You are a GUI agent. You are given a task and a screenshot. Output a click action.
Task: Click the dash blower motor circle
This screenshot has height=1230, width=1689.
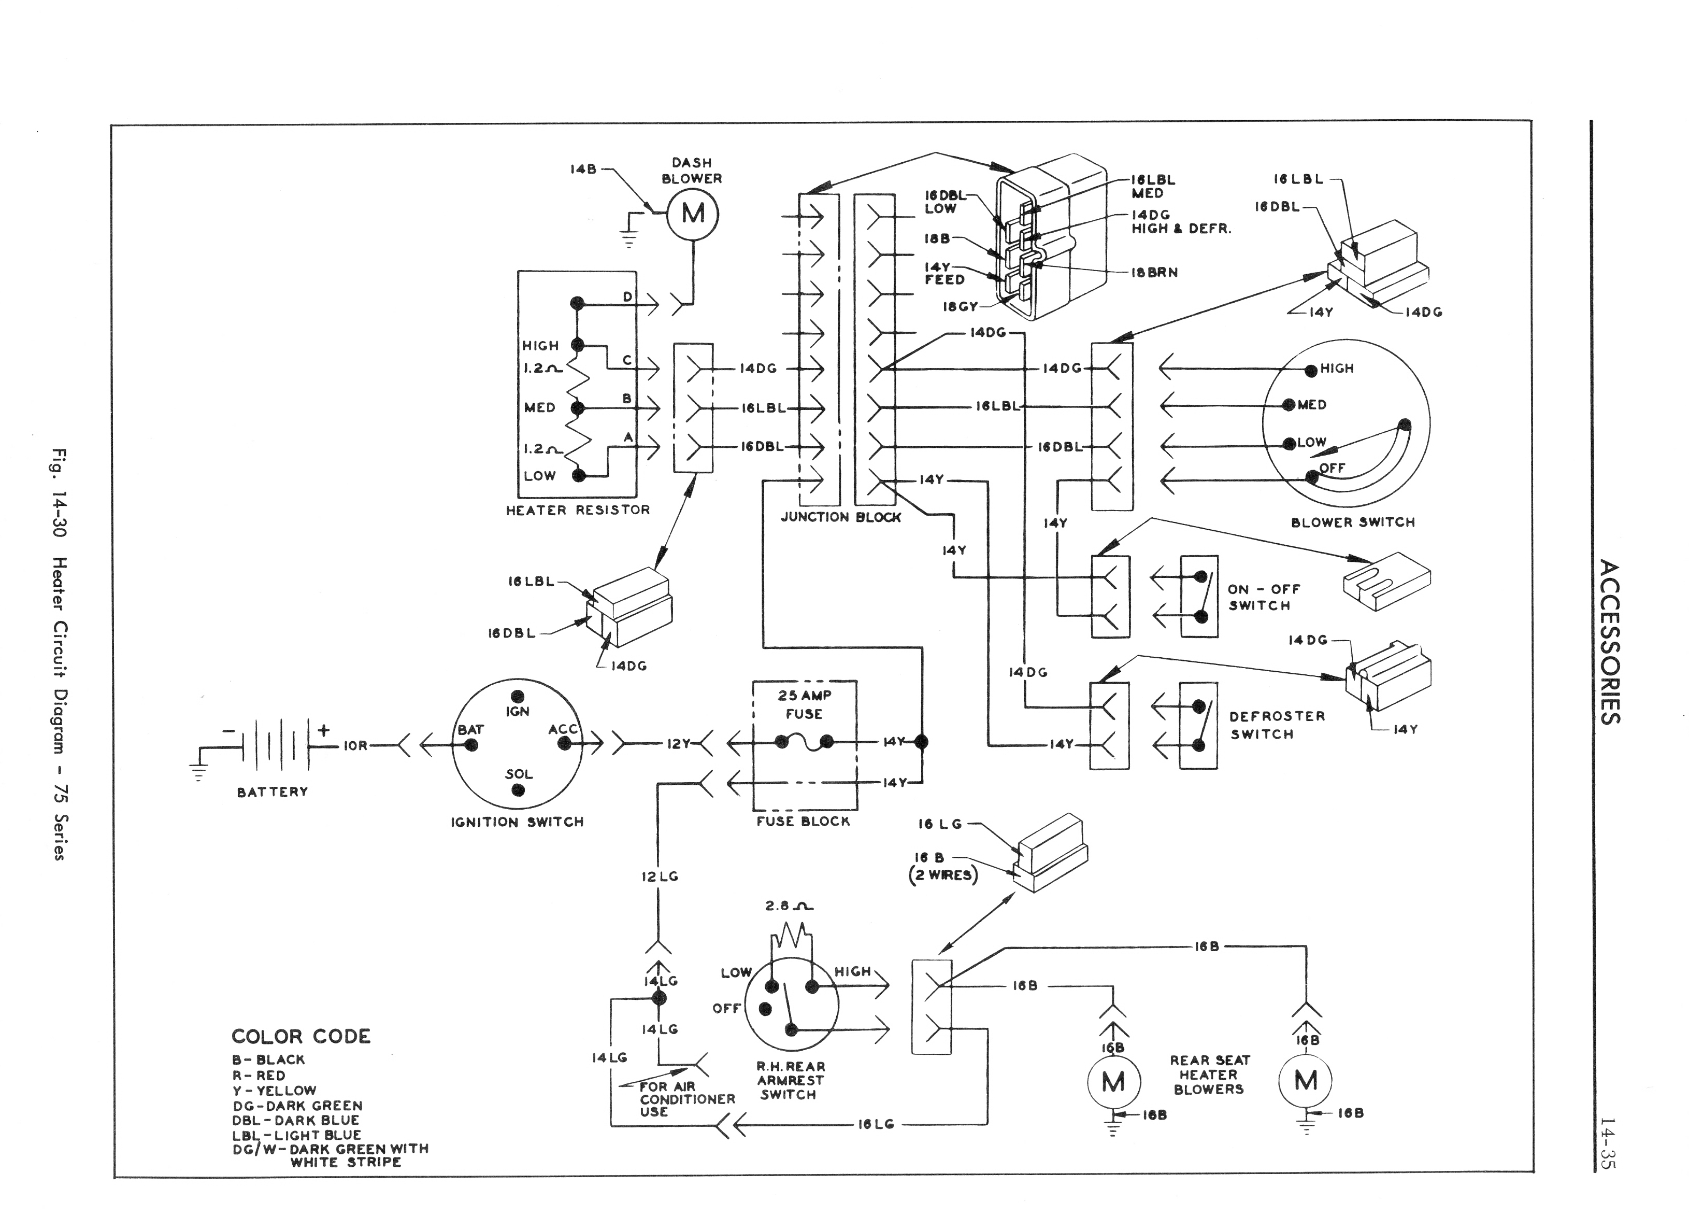click(693, 215)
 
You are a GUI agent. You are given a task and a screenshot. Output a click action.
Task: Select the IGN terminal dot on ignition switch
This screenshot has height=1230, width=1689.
click(518, 695)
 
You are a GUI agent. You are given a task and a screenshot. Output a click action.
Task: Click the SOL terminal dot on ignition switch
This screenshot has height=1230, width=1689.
click(518, 790)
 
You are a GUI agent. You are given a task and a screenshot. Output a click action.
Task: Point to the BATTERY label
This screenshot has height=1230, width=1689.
click(273, 792)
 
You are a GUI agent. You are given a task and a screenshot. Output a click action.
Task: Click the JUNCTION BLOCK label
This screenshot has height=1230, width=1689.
click(841, 517)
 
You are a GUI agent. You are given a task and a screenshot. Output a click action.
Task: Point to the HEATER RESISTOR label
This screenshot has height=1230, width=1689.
click(578, 511)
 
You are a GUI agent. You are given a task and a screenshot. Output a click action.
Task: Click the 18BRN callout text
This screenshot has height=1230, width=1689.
click(1154, 273)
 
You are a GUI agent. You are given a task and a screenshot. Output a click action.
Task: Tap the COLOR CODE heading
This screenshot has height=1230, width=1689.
click(301, 1036)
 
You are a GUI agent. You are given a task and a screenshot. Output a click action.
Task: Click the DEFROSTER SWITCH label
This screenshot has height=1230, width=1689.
click(1277, 725)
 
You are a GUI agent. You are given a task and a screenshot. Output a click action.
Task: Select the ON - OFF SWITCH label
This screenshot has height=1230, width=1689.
click(1264, 598)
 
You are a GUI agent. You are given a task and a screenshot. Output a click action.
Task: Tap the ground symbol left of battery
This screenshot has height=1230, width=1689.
click(198, 772)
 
